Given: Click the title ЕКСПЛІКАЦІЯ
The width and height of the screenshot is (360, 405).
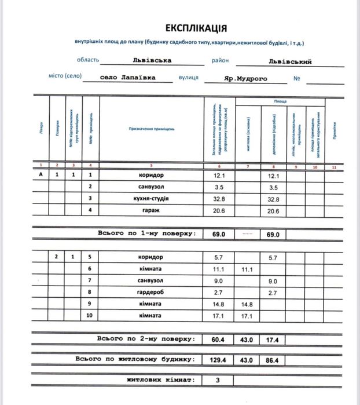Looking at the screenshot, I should tap(196, 28).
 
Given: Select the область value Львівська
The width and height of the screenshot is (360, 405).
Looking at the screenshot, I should tap(151, 60).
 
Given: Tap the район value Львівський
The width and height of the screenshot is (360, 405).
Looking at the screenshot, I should tap(290, 61).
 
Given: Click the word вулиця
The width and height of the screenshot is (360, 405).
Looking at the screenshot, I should tap(188, 78).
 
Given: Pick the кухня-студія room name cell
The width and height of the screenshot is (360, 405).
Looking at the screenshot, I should tap(150, 199).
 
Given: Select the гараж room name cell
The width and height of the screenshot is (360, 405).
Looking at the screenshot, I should tap(150, 211).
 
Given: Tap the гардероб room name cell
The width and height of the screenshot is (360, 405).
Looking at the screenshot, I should tap(150, 293).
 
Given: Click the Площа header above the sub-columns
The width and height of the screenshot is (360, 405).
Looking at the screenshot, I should tap(280, 101).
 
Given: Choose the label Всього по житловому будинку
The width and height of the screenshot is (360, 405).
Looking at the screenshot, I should tap(134, 359).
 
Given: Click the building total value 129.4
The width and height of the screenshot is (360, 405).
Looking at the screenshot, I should tap(218, 360).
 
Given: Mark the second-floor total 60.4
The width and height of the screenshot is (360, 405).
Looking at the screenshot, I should tap(218, 339).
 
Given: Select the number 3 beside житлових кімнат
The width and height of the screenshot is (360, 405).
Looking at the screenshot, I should tap(218, 381).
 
